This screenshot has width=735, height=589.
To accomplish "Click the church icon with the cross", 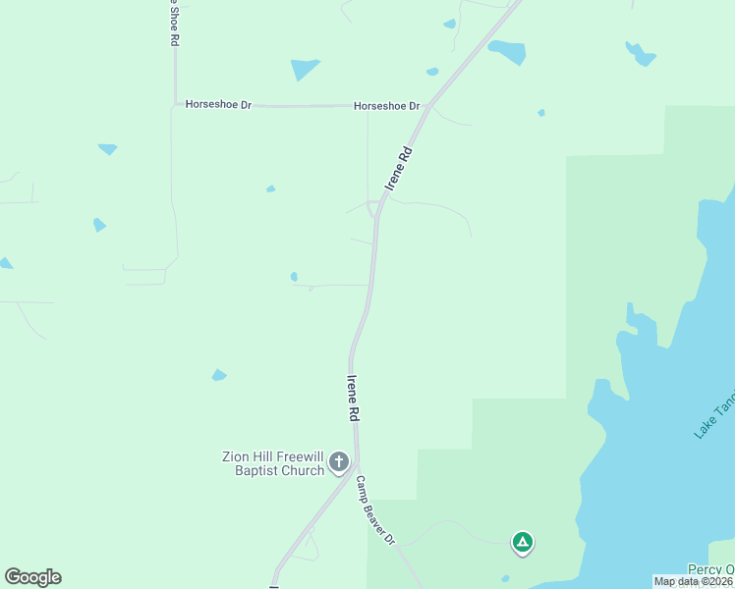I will pyautogui.click(x=339, y=461).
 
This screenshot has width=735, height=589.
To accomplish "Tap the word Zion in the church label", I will pyautogui.click(x=235, y=456).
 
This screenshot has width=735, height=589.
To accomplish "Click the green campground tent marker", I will pyautogui.click(x=523, y=541).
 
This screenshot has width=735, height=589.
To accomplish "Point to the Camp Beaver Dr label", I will pyautogui.click(x=374, y=511).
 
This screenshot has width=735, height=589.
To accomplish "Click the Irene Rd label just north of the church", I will pyautogui.click(x=352, y=398).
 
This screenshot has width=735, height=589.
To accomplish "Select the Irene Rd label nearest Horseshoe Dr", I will pyautogui.click(x=396, y=168).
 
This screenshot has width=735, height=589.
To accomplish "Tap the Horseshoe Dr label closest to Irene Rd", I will pyautogui.click(x=386, y=106).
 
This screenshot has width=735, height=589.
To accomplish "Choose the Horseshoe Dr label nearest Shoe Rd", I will pyautogui.click(x=218, y=104).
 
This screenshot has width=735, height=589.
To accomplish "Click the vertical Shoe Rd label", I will pyautogui.click(x=174, y=24).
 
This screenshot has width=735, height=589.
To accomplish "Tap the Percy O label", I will pyautogui.click(x=709, y=569).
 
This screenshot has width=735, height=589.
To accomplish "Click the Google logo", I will pyautogui.click(x=32, y=577).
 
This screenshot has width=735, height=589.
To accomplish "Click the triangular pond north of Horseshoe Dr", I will pyautogui.click(x=304, y=69).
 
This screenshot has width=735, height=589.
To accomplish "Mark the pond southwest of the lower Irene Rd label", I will pyautogui.click(x=219, y=375).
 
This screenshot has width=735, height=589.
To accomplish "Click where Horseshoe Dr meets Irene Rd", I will pyautogui.click(x=427, y=105).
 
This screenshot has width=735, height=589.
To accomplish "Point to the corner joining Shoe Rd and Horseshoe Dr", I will pyautogui.click(x=176, y=103).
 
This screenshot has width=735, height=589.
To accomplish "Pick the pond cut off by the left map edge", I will pyautogui.click(x=5, y=263).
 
